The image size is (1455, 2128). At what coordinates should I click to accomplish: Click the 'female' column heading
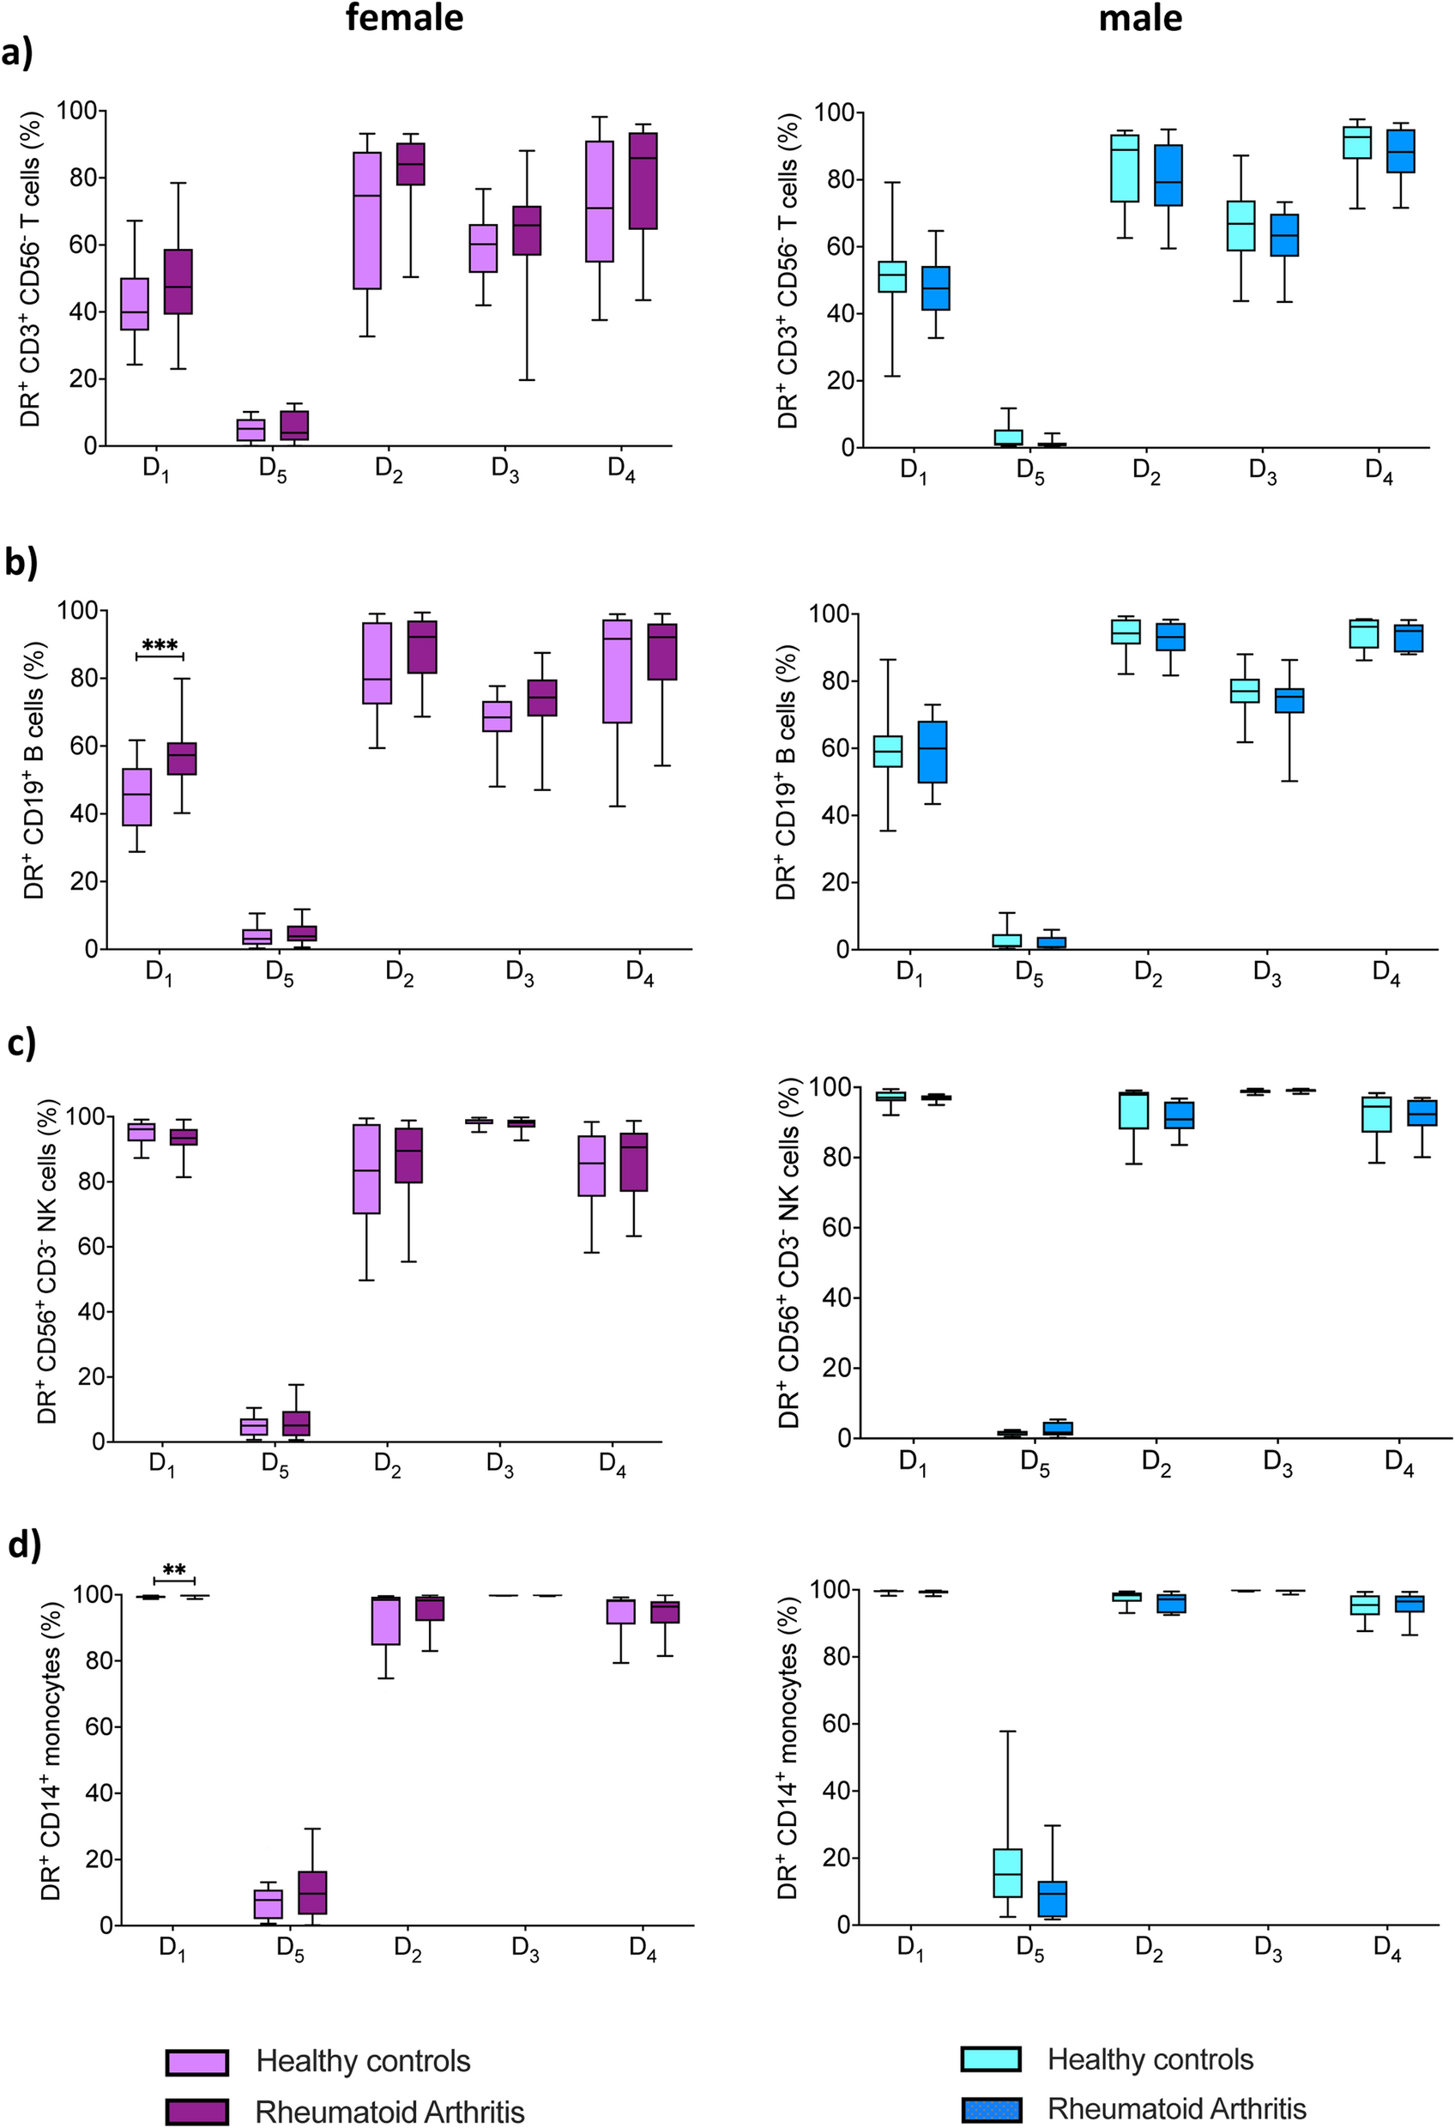404,17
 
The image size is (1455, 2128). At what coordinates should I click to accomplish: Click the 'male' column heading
1140,17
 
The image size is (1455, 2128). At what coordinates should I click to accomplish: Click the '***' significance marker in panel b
160,645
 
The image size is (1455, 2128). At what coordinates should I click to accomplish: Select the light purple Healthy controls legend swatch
196,2062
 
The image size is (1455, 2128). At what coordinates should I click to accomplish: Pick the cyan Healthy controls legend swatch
990,2059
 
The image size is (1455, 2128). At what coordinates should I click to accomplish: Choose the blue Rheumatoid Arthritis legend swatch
990,2110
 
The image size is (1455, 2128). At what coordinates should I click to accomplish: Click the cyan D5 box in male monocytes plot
1007,1872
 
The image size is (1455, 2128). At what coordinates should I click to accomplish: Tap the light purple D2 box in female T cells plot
367,220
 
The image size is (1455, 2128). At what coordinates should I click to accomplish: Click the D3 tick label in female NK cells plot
500,1465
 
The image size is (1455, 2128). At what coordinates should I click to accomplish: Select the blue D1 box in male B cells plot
933,751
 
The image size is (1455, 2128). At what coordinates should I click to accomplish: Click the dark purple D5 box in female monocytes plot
312,1892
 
